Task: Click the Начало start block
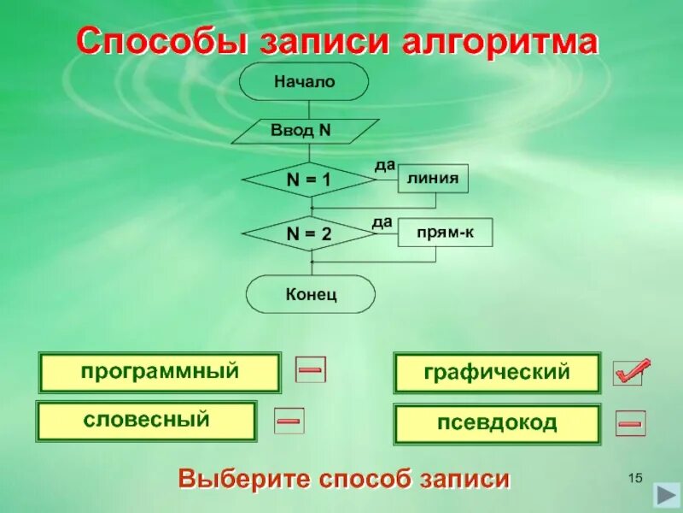click(x=304, y=82)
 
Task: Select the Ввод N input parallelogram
click(x=305, y=132)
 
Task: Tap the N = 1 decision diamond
click(x=308, y=180)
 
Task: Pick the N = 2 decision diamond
click(x=308, y=233)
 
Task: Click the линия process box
click(x=433, y=179)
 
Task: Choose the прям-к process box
click(x=445, y=233)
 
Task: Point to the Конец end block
click(x=311, y=294)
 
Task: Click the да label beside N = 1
click(x=384, y=163)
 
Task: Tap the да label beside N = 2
click(x=382, y=222)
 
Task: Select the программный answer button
click(x=160, y=373)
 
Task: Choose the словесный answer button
click(x=146, y=421)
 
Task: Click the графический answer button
click(x=497, y=373)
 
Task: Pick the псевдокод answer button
click(x=497, y=423)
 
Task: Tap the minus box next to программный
click(x=311, y=369)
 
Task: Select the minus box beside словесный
click(x=289, y=420)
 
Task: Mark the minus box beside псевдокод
click(x=631, y=422)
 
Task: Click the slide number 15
click(x=634, y=476)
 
